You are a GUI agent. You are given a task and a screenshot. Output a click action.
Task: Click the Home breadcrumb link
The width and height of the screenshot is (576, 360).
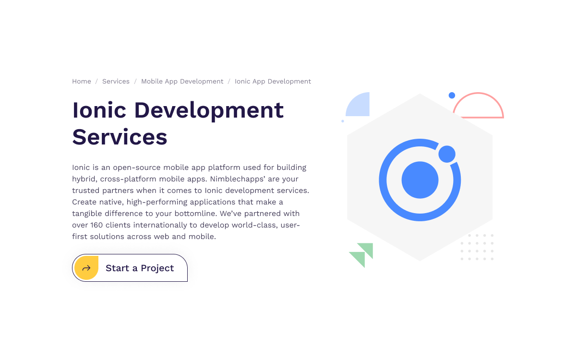coord(82,82)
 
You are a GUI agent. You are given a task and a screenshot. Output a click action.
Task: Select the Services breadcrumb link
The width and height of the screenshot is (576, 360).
coord(116,82)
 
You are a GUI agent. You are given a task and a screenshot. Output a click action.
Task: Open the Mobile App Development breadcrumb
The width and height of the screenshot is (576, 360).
coord(182,82)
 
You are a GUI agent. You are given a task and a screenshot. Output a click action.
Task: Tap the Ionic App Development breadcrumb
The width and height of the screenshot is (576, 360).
coord(273,82)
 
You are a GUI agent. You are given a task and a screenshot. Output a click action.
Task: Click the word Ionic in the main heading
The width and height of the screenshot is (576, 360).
coord(99,110)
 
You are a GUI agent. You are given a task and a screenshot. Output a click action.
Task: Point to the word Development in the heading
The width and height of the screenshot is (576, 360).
coord(209,110)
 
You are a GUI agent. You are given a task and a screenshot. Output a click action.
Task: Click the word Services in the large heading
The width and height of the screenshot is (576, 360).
coord(120,137)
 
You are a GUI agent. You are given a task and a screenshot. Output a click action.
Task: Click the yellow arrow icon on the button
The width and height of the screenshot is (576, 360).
coord(86,268)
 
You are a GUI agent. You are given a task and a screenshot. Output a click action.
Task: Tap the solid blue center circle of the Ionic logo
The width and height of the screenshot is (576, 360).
coord(420,180)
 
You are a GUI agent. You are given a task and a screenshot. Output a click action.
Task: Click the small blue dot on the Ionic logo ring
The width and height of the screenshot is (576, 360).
coord(447,154)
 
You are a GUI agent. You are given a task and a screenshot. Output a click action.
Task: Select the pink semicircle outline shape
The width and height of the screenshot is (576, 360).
coord(478,107)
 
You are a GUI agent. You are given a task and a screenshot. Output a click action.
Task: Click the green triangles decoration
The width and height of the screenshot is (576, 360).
coord(362,254)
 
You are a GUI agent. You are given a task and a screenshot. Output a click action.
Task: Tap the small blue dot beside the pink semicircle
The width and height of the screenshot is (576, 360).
coord(452,96)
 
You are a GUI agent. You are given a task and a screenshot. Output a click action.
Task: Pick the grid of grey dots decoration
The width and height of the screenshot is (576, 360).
coord(477,247)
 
